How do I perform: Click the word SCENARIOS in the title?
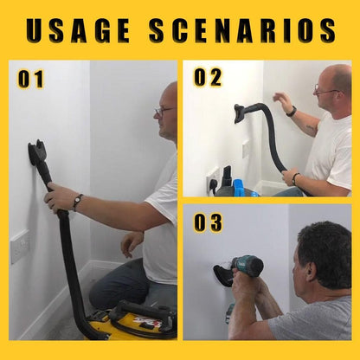coord(241,29)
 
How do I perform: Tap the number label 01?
coord(30,80)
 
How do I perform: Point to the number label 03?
coord(208,222)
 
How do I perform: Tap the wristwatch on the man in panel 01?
coord(78,202)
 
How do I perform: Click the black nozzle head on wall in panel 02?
coord(240,112)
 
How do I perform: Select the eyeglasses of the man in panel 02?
coord(324,90)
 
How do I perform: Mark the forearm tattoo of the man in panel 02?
coord(310,127)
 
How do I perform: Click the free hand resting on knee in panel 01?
coord(131,243)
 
